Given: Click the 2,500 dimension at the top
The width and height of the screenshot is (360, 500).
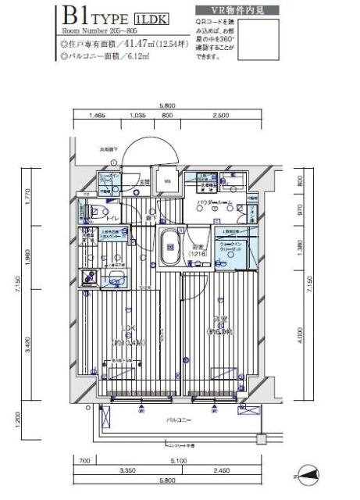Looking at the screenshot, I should coord(219,115).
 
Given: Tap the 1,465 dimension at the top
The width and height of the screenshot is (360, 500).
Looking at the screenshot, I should coord(96,115).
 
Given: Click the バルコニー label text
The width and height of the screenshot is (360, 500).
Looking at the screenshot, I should coord(180,420).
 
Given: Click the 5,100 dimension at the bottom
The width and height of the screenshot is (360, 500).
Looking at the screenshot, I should coord(181,460).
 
